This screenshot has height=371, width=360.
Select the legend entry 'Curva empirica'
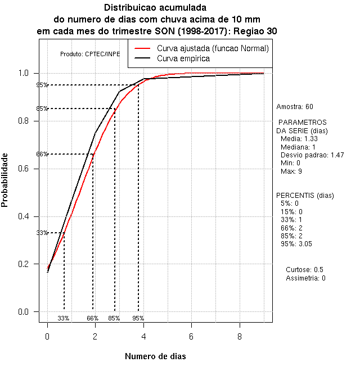(183, 58)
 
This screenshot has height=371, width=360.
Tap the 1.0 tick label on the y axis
(26, 73)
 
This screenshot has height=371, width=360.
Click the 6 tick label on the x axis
(191, 336)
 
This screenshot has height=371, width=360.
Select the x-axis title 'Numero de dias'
(155, 356)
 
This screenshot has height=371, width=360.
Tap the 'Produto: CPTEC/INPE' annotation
(90, 54)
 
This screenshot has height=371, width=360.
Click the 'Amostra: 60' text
(295, 106)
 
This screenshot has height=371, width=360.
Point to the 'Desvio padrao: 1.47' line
(312, 155)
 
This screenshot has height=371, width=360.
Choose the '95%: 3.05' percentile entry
(296, 244)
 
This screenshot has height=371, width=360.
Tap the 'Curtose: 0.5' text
(304, 270)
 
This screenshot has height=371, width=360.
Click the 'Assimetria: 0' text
(305, 278)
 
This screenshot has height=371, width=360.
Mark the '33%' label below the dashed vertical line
(64, 318)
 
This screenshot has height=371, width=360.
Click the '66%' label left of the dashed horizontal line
(42, 154)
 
